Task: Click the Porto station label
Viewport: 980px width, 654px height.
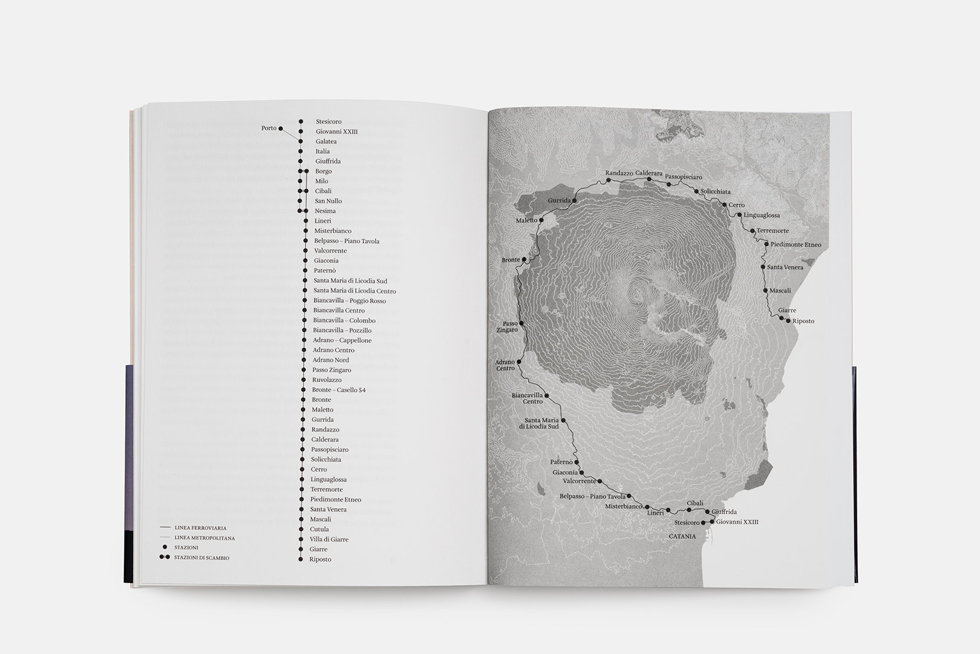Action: (x=269, y=128)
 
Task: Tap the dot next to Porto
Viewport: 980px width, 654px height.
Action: (x=281, y=128)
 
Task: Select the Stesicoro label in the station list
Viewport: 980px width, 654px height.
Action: (x=328, y=122)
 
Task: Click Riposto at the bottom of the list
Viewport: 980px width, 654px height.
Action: (x=320, y=560)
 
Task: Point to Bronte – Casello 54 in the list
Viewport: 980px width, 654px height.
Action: (x=339, y=390)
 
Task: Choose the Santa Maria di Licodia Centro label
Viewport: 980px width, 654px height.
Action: (x=354, y=291)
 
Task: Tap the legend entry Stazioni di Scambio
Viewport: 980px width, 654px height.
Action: (x=201, y=558)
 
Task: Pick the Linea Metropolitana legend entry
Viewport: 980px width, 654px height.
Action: (x=204, y=538)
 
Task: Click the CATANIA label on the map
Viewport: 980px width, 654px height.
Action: (x=682, y=537)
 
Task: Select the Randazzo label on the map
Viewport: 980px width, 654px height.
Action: (x=619, y=173)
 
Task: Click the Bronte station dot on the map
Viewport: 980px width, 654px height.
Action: (x=524, y=260)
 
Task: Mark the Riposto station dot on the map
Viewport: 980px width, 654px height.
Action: (x=788, y=321)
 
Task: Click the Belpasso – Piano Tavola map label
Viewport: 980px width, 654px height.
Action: (x=592, y=497)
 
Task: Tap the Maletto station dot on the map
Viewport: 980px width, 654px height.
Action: (x=541, y=220)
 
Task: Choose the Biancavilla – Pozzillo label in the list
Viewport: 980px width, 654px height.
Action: (x=342, y=331)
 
